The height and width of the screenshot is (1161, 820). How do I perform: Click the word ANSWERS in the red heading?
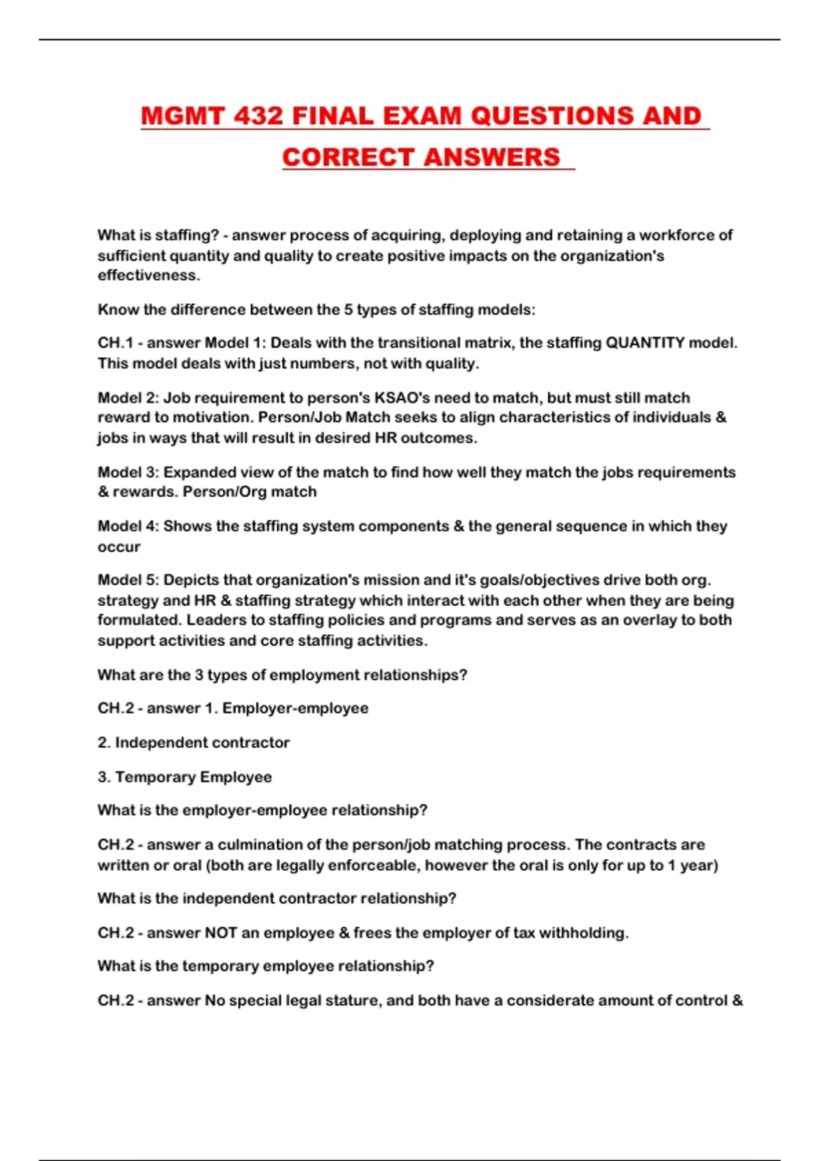tap(491, 157)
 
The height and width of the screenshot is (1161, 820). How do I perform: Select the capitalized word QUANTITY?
tap(645, 343)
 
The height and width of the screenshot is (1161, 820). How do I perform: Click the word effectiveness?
tap(148, 275)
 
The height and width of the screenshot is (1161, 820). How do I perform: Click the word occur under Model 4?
tap(119, 546)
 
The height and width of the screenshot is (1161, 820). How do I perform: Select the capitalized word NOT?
tap(221, 932)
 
